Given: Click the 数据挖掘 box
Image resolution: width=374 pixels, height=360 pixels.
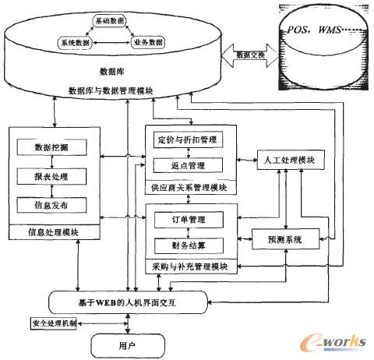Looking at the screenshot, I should [x=50, y=147].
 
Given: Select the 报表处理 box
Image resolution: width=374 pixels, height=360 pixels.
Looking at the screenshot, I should [x=50, y=176].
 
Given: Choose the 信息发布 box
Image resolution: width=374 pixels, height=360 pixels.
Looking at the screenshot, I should [x=50, y=204].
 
